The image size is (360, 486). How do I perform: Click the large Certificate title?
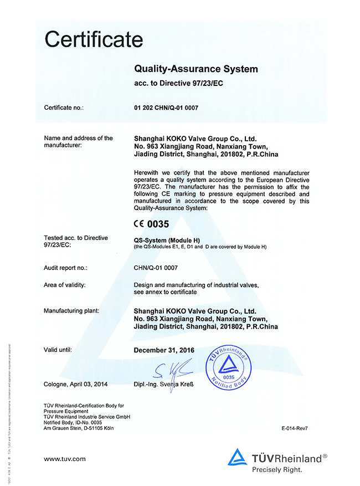(x=94, y=39)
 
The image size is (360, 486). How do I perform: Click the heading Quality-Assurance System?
(x=196, y=69)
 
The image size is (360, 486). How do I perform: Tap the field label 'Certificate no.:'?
(x=64, y=108)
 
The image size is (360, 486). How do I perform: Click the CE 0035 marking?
(x=151, y=224)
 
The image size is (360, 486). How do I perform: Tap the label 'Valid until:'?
(x=58, y=350)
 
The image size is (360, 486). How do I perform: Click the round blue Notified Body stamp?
(x=229, y=366)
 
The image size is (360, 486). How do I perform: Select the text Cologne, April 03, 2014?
(x=75, y=384)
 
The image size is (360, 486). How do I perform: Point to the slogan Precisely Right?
(x=277, y=469)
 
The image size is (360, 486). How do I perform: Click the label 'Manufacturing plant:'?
(x=71, y=311)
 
